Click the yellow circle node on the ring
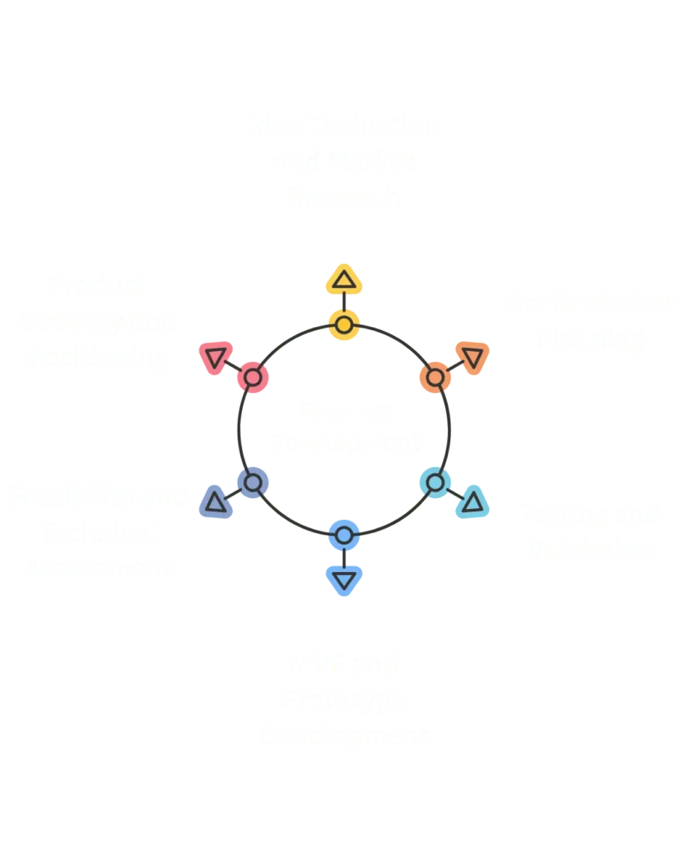click(343, 323)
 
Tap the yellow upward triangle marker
click(343, 280)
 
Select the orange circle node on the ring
click(434, 377)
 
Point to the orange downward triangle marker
click(472, 356)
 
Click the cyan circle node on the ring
click(434, 483)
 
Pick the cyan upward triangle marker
click(472, 502)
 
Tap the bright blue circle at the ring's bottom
click(343, 534)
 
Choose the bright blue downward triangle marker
click(343, 579)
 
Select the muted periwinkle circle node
click(252, 483)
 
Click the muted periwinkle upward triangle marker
click(215, 502)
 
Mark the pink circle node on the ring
click(252, 377)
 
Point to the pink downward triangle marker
click(214, 357)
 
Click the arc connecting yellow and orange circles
click(395, 338)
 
